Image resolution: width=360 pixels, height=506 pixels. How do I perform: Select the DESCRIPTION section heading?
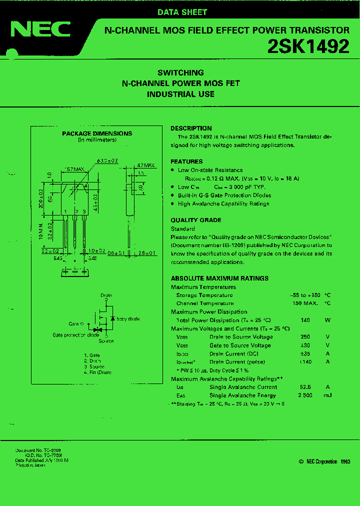(x=191, y=128)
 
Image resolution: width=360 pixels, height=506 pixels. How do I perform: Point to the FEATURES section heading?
(x=186, y=161)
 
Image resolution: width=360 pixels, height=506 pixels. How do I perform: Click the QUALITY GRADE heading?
(x=196, y=220)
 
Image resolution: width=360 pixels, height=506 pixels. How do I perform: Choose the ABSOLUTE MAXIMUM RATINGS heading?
(x=219, y=278)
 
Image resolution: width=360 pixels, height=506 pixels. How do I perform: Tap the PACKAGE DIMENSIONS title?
(x=97, y=133)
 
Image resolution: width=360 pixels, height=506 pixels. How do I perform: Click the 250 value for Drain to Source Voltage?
(x=306, y=337)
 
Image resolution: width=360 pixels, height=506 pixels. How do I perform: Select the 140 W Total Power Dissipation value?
(x=305, y=320)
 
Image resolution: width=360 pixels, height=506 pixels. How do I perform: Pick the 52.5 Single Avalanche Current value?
(x=305, y=387)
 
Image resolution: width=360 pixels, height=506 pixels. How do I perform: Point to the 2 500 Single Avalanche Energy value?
(x=305, y=395)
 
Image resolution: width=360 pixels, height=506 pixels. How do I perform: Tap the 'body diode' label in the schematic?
(x=128, y=319)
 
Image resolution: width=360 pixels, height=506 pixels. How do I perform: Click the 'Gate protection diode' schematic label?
(x=76, y=335)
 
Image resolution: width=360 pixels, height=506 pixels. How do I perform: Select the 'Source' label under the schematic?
(x=106, y=341)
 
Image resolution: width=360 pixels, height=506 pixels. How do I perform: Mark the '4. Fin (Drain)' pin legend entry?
(x=97, y=372)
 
